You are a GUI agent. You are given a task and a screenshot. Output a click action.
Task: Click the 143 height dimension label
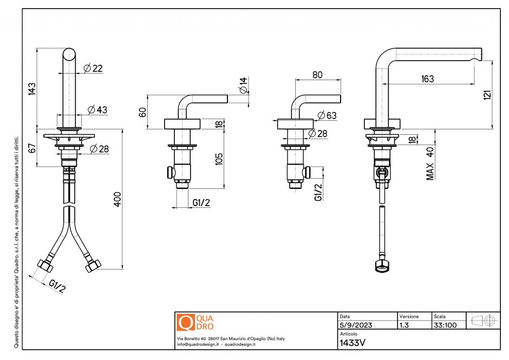click(31, 88)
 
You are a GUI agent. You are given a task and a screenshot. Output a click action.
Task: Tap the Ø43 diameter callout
click(97, 110)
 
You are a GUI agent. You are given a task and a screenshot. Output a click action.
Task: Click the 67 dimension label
click(31, 147)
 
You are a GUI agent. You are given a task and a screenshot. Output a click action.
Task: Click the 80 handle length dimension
click(318, 75)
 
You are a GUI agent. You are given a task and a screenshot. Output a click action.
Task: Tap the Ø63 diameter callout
click(327, 115)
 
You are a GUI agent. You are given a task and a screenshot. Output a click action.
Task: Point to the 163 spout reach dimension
click(427, 79)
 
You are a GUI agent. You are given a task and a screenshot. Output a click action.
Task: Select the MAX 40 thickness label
click(430, 163)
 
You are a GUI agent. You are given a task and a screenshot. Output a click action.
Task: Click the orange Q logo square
click(185, 322)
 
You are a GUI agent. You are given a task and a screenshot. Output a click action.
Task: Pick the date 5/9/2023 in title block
click(356, 325)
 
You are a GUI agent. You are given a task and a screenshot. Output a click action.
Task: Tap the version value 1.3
click(404, 325)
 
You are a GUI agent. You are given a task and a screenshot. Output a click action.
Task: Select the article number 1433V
click(351, 342)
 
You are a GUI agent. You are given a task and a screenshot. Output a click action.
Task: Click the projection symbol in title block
click(484, 320)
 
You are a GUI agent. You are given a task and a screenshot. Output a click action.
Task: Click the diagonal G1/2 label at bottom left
click(56, 286)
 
